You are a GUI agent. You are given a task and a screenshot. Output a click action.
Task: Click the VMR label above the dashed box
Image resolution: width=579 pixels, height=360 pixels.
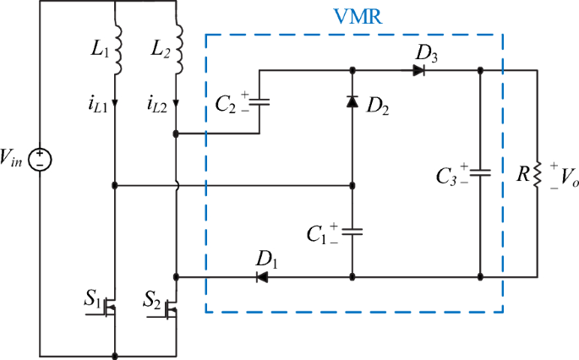(354, 18)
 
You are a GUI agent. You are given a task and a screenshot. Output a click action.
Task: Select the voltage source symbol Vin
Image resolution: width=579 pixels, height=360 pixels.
(40, 158)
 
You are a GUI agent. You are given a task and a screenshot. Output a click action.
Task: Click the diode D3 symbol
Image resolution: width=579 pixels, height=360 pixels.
(418, 71)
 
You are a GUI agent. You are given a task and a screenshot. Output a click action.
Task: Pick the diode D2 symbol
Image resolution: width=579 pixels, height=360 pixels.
(352, 101)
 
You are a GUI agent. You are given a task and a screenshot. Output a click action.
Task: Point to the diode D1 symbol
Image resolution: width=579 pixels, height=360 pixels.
(262, 276)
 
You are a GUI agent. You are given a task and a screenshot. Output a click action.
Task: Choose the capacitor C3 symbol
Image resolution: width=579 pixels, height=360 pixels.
(479, 173)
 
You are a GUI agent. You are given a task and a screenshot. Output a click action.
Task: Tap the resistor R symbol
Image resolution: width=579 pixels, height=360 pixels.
(536, 174)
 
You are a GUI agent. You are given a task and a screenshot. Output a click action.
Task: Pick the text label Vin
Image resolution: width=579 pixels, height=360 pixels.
(14, 157)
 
